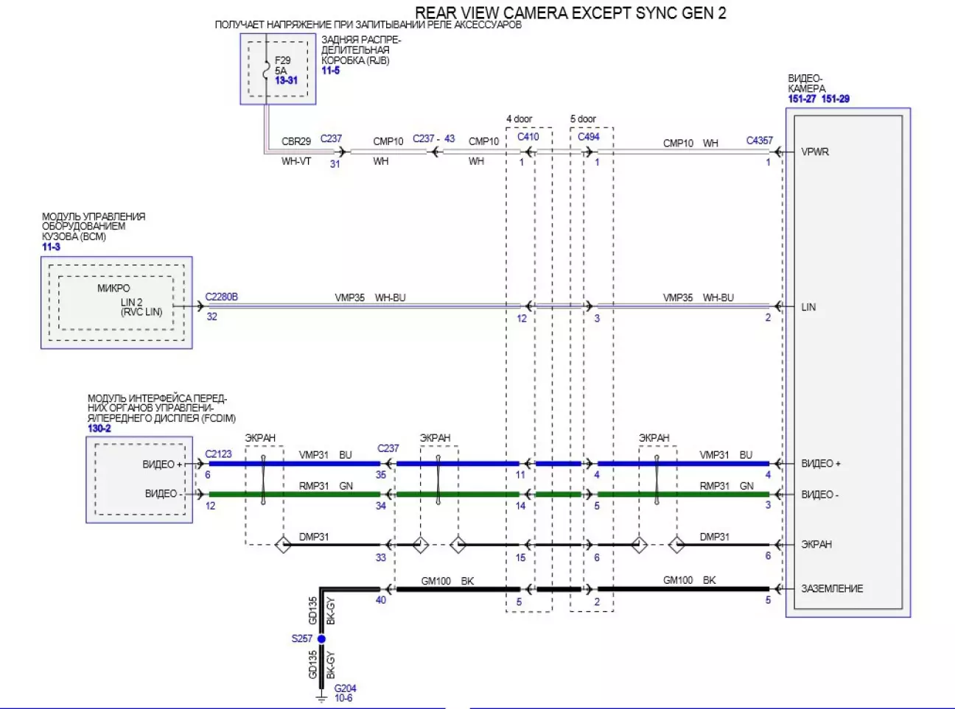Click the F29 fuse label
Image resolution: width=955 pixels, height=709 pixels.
[x=282, y=60]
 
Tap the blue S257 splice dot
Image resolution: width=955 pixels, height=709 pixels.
[x=321, y=639]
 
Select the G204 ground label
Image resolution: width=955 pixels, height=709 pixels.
[x=346, y=688]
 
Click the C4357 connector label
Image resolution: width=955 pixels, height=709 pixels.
[x=760, y=141]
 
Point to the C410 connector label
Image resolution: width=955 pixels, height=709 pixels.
[x=528, y=137]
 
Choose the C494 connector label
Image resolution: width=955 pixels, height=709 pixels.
[x=589, y=137]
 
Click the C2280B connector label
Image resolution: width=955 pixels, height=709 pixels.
[x=221, y=297]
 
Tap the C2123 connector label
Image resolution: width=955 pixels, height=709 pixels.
[x=218, y=454]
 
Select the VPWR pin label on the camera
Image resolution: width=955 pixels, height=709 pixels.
[x=815, y=152]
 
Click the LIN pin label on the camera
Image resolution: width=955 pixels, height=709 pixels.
[x=808, y=307]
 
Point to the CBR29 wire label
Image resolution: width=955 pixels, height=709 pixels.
[x=296, y=141]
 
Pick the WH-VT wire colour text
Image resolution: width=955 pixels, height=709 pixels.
[x=296, y=161]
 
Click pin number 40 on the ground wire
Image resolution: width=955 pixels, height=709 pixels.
[x=381, y=600]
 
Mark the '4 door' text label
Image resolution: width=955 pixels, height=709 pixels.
[x=519, y=119]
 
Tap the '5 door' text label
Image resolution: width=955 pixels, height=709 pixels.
[x=583, y=119]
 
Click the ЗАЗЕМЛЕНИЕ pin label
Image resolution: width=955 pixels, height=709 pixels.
[x=832, y=588]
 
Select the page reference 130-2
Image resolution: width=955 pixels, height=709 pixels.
[x=99, y=428]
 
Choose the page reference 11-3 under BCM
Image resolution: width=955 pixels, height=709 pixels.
[x=51, y=247]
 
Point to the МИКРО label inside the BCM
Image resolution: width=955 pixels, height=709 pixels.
[x=113, y=289]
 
